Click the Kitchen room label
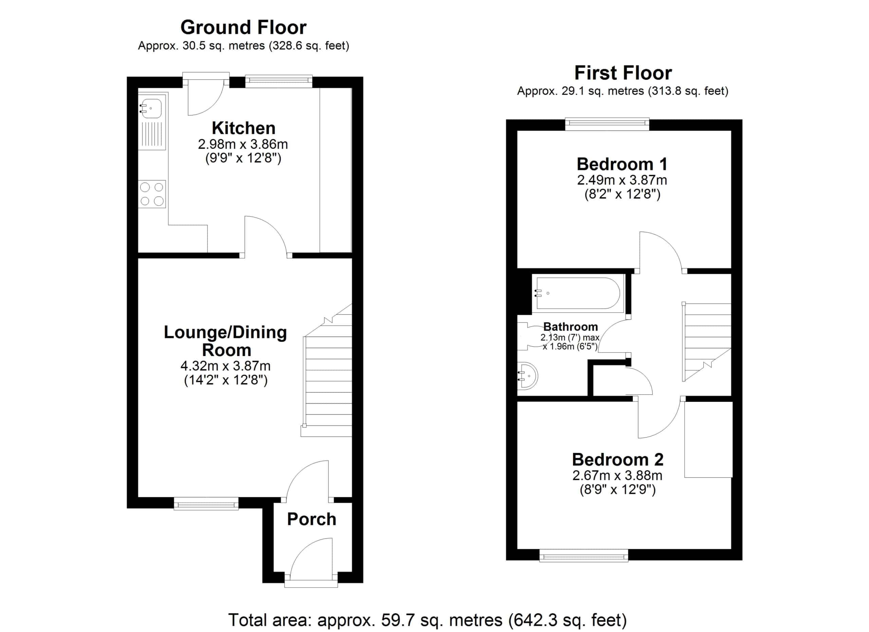(x=243, y=128)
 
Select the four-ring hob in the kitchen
(x=152, y=194)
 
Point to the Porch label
(x=312, y=519)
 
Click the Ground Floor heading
(x=243, y=27)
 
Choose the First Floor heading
(x=623, y=73)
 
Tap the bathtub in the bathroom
(x=578, y=293)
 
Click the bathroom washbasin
(x=528, y=376)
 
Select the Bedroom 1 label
(x=622, y=164)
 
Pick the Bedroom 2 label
(x=618, y=460)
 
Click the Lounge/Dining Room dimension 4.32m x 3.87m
(x=225, y=366)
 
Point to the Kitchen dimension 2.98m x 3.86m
(x=243, y=144)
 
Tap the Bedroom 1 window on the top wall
(x=607, y=123)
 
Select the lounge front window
(x=206, y=504)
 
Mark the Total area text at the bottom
(x=427, y=620)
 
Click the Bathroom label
(x=571, y=327)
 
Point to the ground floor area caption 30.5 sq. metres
(x=243, y=46)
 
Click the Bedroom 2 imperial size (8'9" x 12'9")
(x=618, y=489)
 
